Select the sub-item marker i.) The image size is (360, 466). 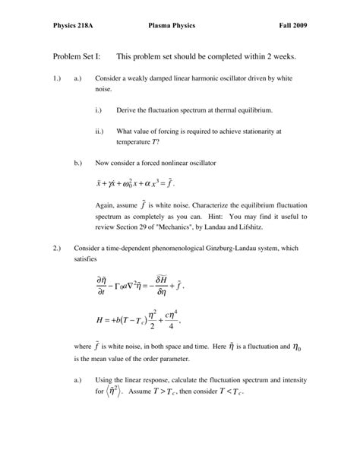click(99, 110)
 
